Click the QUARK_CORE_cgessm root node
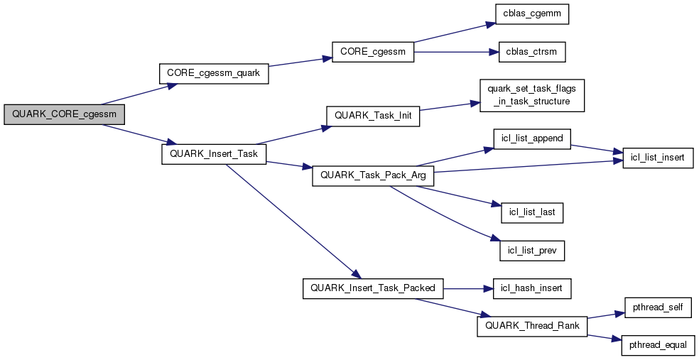64,114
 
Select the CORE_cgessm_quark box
213,73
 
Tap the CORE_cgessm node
372,52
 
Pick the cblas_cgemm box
531,13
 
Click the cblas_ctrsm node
531,52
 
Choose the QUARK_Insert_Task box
214,154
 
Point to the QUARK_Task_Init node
372,116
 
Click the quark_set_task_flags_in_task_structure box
531,96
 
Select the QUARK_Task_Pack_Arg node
372,175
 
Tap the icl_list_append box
531,138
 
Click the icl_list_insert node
657,158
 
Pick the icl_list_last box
531,212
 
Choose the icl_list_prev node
531,250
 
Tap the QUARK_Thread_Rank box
531,326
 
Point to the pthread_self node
657,307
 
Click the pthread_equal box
657,345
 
